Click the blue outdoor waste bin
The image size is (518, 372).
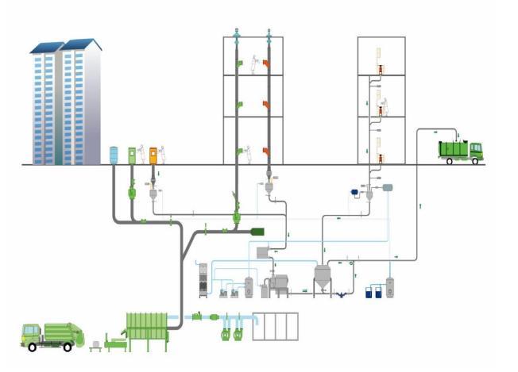click(x=114, y=155)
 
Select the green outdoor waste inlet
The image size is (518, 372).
click(x=132, y=155)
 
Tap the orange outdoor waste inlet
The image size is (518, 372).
click(x=153, y=155)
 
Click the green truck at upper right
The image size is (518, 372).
click(x=460, y=150)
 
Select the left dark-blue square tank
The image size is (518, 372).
click(x=369, y=292)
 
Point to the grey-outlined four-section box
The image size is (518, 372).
click(x=275, y=326)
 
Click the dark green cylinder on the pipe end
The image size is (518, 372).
click(x=257, y=232)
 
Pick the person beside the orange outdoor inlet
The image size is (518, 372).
click(x=162, y=152)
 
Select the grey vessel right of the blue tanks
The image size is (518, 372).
click(x=390, y=288)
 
